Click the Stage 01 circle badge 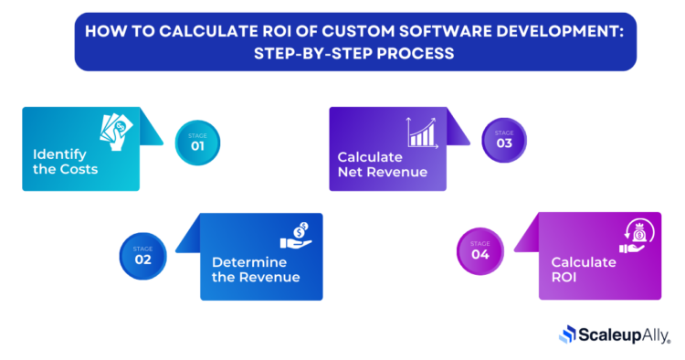point(198,143)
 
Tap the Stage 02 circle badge point(143,254)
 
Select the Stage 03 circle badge point(504,141)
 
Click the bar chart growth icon point(422,132)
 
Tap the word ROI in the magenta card point(564,278)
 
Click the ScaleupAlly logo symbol point(567,334)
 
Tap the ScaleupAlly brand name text point(626,334)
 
